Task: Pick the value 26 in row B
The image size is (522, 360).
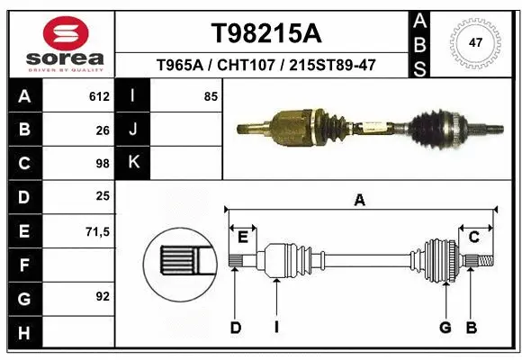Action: coord(103,130)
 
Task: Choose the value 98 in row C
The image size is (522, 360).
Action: coord(103,164)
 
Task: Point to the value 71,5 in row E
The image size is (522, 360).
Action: coord(97,232)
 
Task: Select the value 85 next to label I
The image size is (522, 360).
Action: coord(211,96)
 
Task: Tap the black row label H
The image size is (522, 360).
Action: coord(23,333)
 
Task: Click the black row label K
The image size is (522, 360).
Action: coord(134,163)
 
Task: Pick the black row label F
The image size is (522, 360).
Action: coord(23,265)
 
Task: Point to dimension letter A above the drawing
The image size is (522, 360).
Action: coord(360,201)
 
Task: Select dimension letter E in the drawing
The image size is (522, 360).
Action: coord(243,237)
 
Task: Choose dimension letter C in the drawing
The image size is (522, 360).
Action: coord(473,237)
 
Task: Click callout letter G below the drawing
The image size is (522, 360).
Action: coord(445,328)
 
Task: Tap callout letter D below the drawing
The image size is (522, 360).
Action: coord(235,328)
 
